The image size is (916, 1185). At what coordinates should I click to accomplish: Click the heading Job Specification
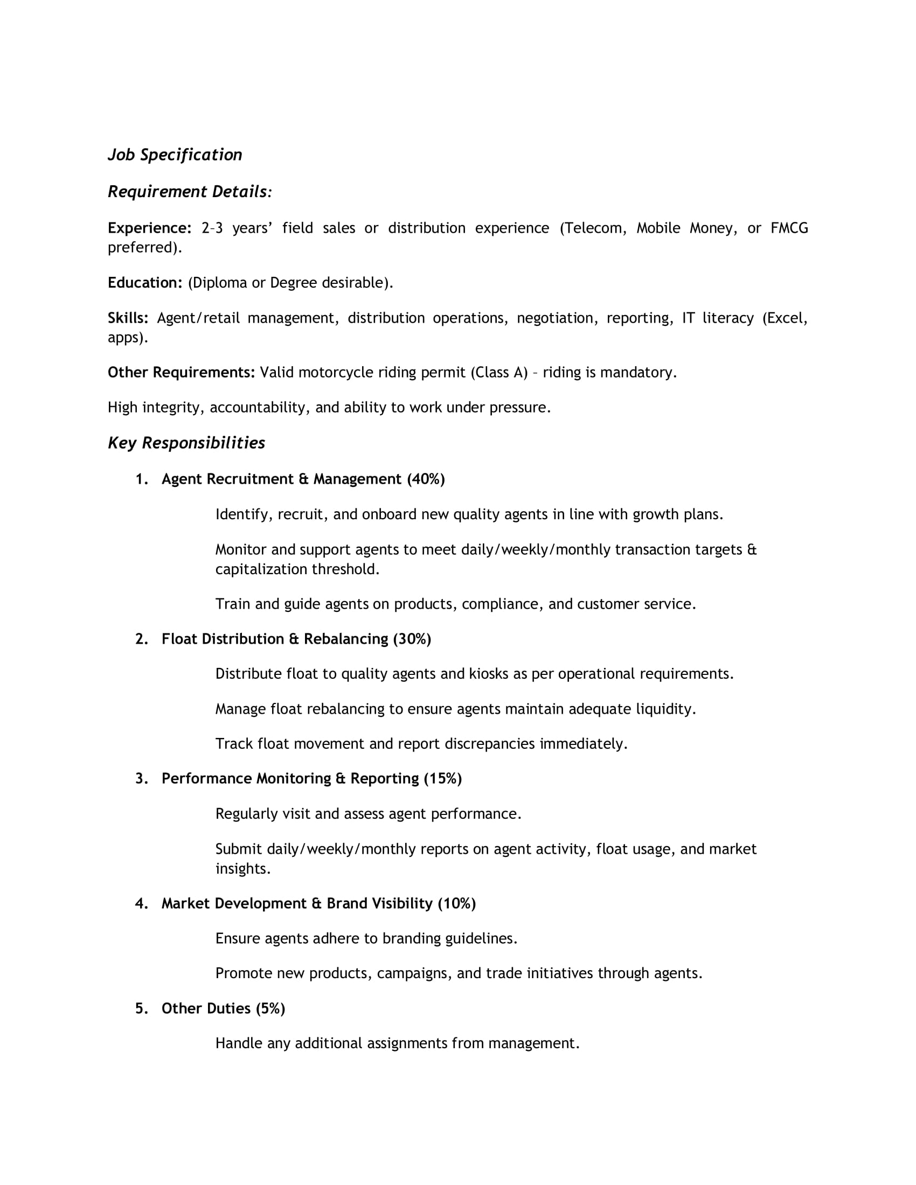point(175,155)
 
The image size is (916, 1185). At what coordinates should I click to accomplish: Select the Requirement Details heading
point(189,192)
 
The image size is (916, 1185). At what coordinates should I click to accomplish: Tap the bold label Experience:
point(149,228)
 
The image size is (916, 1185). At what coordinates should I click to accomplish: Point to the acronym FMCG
point(789,228)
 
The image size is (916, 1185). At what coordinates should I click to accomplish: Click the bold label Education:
point(145,283)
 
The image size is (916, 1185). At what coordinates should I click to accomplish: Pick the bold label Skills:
point(128,318)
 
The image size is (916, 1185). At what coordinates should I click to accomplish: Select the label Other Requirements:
point(181,373)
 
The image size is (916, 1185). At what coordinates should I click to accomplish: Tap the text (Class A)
point(499,373)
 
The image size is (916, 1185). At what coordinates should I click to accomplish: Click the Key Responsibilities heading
point(186,443)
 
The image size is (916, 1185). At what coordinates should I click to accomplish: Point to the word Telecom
point(593,228)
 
